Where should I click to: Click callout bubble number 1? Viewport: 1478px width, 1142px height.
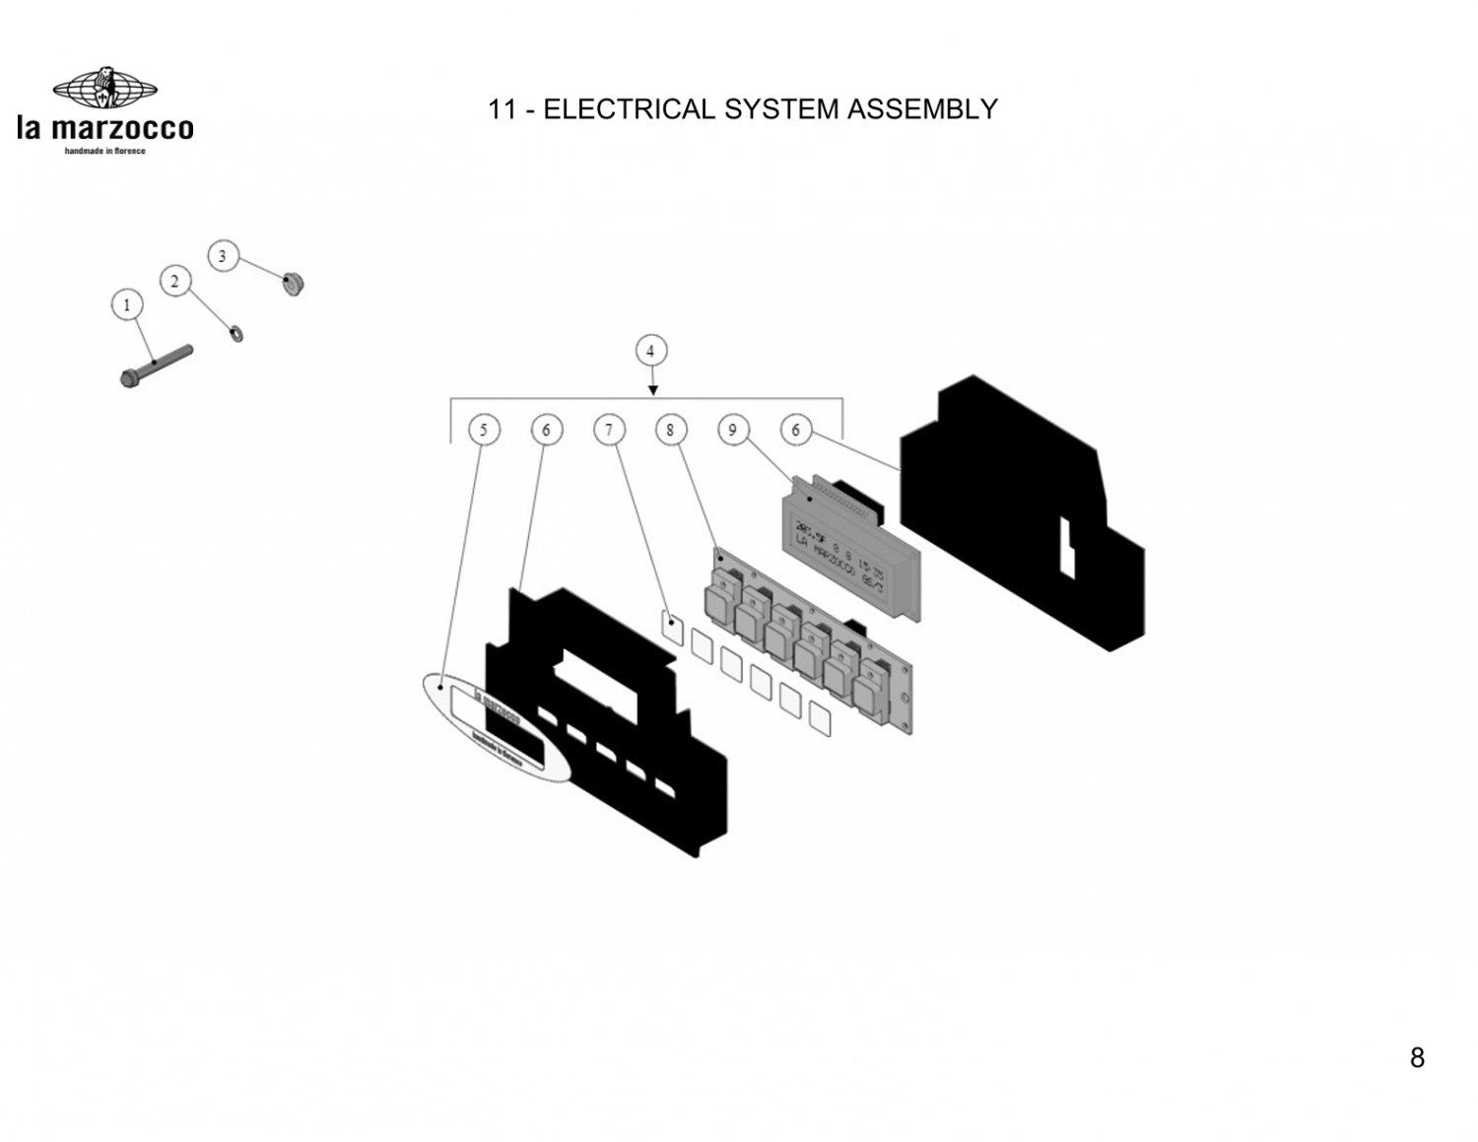[126, 305]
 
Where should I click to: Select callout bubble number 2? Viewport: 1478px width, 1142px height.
[175, 282]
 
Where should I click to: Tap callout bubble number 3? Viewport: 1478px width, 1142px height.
[222, 256]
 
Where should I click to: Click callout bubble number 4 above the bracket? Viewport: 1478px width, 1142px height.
[650, 351]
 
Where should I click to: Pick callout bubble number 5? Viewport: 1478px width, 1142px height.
[483, 430]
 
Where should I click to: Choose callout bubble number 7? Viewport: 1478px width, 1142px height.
[609, 430]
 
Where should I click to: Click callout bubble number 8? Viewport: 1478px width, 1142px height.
[670, 430]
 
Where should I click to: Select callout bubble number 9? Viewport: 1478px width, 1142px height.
[732, 430]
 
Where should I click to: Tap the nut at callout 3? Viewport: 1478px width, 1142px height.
[292, 284]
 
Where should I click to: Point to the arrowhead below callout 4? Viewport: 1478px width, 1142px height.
[652, 391]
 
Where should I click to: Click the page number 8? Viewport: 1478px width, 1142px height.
[1417, 1057]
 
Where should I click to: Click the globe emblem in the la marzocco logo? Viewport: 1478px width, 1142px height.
[104, 90]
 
